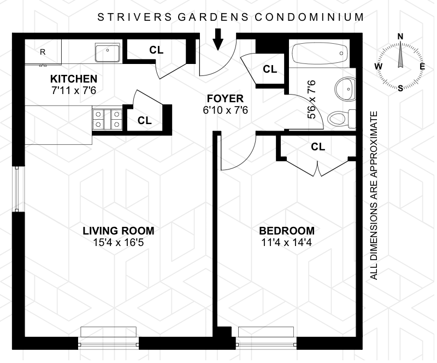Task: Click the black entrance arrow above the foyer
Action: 218,39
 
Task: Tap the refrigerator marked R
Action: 43,52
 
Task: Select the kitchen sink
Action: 108,52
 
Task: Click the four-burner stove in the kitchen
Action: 107,119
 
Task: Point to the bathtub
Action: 319,53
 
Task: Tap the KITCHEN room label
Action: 74,79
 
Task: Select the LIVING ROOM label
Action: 119,231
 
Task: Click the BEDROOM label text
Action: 287,231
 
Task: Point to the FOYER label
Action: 225,98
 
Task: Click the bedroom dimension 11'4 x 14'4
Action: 286,243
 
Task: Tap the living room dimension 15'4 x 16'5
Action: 119,243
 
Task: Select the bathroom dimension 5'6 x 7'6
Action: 312,99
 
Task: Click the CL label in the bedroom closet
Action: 318,147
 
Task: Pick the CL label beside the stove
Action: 145,120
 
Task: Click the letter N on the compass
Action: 400,37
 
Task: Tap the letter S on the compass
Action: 400,89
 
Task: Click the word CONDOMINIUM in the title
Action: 309,17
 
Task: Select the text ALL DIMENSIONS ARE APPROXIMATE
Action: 374,196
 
